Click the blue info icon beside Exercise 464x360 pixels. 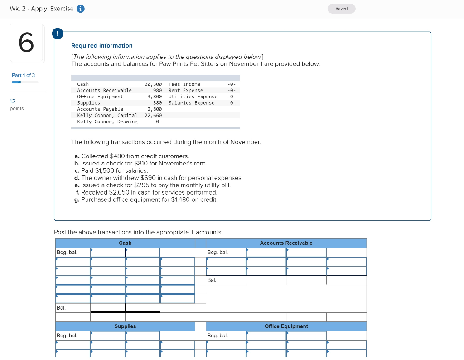click(81, 9)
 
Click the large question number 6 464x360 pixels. click(27, 43)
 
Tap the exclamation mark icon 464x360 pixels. click(58, 33)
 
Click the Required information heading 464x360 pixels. click(102, 45)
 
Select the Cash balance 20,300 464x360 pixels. click(153, 84)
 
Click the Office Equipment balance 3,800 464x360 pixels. click(155, 97)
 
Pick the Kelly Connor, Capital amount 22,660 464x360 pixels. click(153, 115)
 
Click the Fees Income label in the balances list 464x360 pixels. click(184, 84)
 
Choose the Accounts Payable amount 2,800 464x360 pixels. click(155, 109)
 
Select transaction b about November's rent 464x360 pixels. click(140, 163)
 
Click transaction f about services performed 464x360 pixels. click(146, 192)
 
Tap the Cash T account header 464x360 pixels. click(125, 243)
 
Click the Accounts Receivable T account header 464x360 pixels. click(286, 243)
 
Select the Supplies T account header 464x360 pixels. click(125, 326)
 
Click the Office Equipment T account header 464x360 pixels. click(286, 326)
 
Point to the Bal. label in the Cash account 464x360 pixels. click(61, 308)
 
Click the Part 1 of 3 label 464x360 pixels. click(23, 75)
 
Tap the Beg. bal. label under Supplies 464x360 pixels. click(67, 336)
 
